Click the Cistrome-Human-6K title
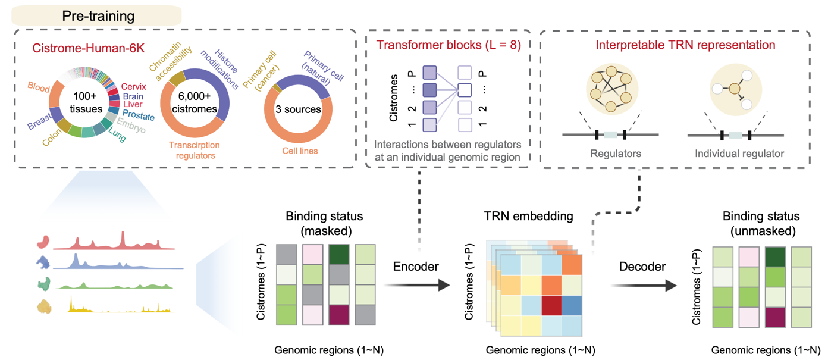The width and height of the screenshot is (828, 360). pos(83,45)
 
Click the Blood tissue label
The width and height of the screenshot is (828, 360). pos(39,87)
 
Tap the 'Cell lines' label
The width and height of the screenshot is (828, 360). pos(299,151)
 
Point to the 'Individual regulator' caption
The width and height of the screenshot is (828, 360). pos(739,154)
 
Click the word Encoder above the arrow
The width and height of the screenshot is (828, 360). pos(416,267)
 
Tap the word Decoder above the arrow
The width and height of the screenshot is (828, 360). pos(642,267)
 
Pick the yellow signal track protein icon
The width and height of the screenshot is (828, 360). pos(45,306)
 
